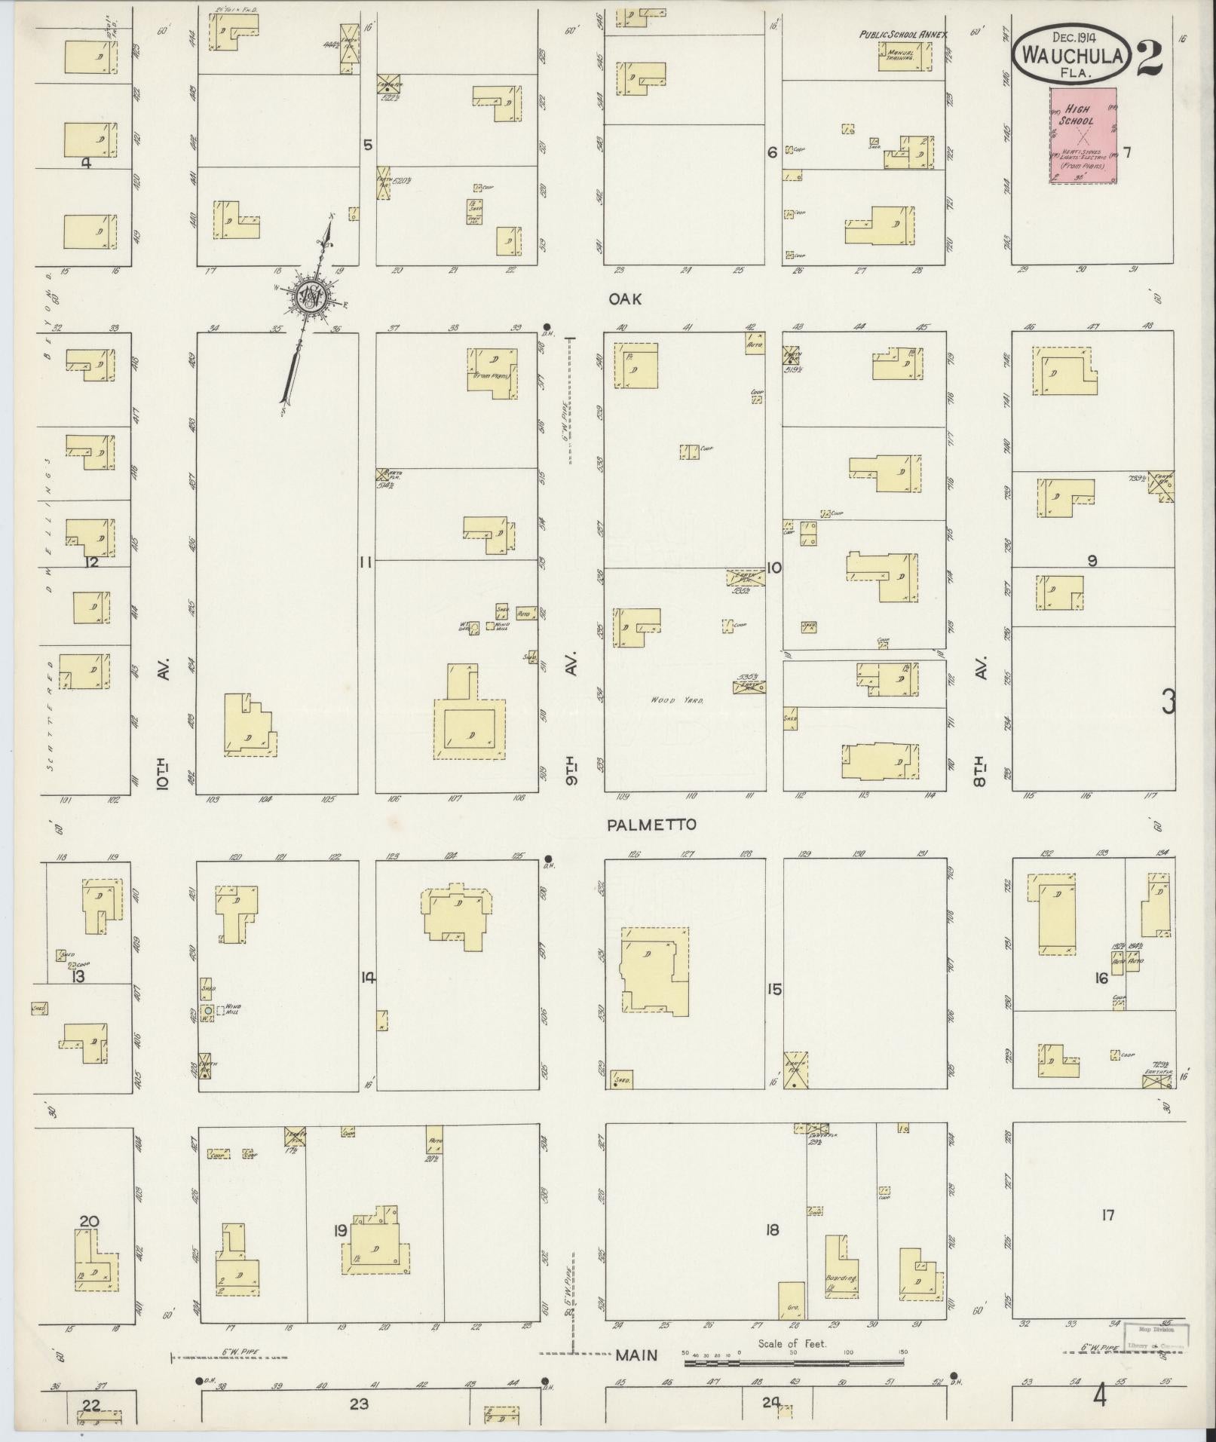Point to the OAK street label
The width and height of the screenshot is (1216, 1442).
click(626, 299)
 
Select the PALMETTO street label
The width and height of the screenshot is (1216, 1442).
click(651, 825)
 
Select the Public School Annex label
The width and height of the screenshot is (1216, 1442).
click(903, 35)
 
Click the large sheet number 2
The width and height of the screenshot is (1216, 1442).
click(1149, 57)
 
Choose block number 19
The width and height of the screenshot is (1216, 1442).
click(340, 1230)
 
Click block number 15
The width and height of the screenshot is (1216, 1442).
click(774, 989)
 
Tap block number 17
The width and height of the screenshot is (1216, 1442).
click(1107, 1214)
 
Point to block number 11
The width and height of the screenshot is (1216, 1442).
click(366, 561)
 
